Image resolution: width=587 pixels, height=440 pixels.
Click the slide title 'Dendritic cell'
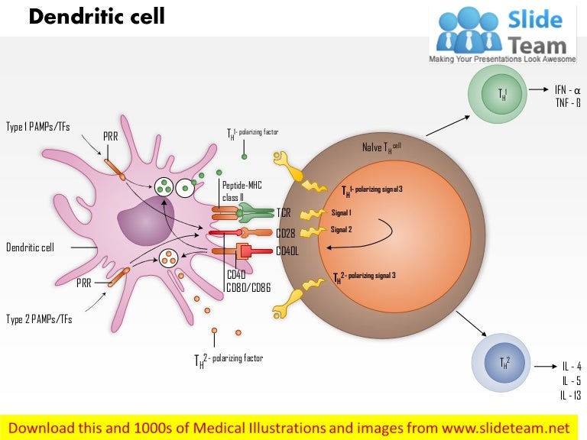(96, 17)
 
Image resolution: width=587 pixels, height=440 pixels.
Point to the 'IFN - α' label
(568, 90)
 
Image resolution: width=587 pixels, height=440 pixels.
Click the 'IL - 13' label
(571, 395)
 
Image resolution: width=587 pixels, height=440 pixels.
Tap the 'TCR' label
(284, 212)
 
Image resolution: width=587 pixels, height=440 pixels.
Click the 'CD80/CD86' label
(248, 287)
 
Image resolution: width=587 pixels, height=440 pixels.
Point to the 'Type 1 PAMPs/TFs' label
(37, 127)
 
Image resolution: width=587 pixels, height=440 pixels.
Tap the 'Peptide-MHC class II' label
(238, 191)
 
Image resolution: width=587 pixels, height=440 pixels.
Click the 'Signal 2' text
(341, 228)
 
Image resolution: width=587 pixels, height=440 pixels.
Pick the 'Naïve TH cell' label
(381, 146)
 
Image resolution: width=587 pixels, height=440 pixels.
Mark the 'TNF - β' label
(568, 102)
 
